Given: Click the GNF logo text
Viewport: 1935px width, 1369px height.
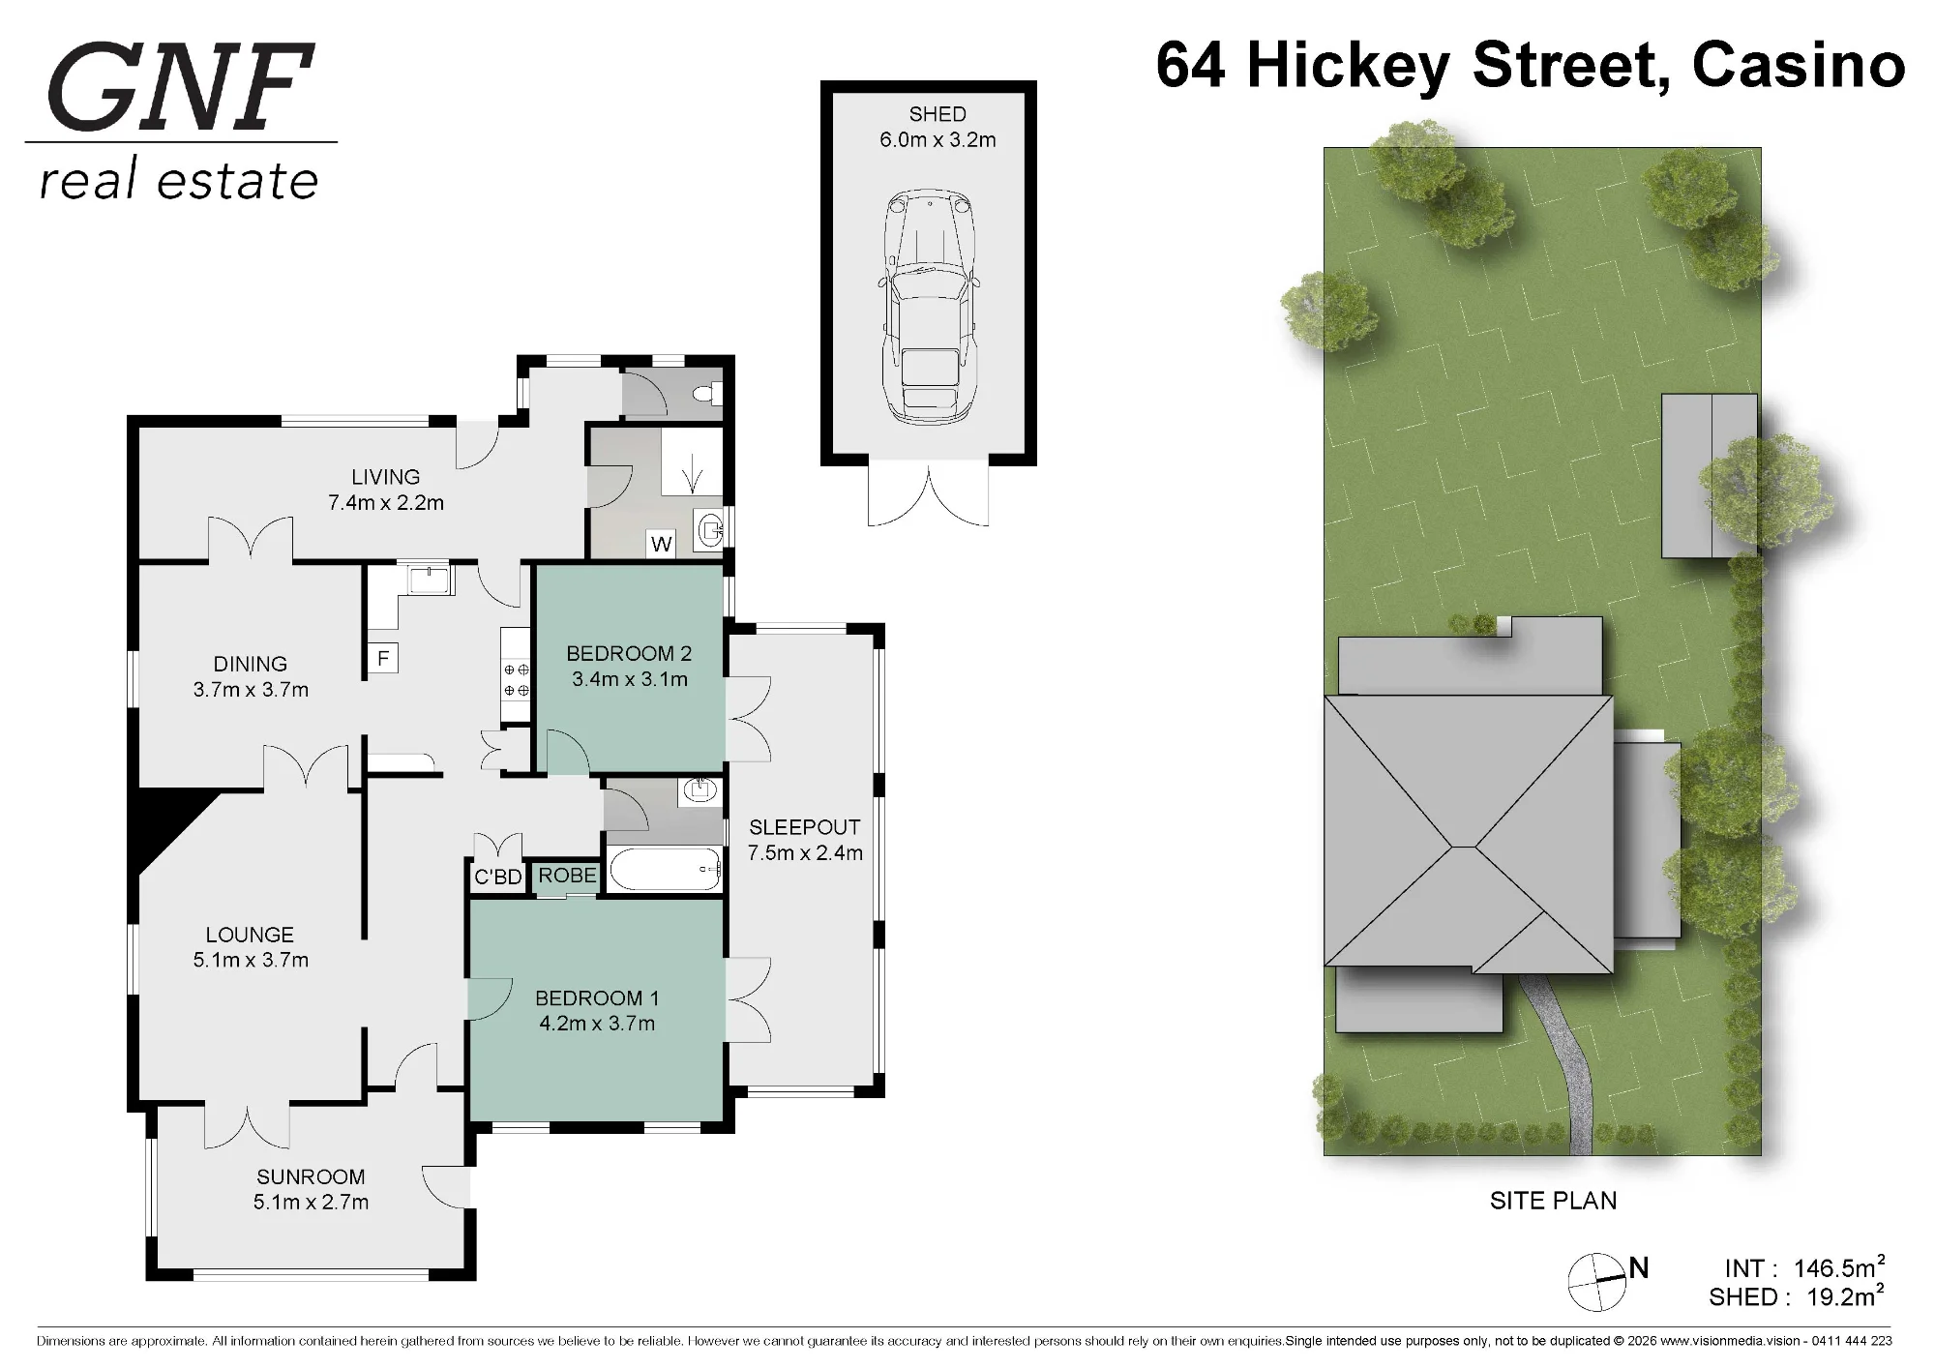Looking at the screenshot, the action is click(181, 86).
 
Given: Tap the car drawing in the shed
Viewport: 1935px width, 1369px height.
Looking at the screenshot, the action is click(929, 307).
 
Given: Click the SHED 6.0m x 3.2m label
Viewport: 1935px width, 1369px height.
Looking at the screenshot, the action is click(938, 127).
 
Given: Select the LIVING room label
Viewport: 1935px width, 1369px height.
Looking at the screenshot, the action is click(386, 490).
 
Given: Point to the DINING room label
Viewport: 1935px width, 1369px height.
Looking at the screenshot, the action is click(251, 676).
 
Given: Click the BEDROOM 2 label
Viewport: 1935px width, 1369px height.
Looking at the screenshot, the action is click(629, 666).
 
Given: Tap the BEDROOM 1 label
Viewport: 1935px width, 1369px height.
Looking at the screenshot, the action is click(597, 1010).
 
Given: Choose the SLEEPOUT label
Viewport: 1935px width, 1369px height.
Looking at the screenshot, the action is click(805, 840).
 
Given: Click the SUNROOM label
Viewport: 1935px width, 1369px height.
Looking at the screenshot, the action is click(311, 1189).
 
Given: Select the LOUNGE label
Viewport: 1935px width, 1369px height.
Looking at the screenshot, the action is click(251, 947).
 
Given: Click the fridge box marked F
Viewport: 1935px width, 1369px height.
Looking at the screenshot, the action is click(383, 659).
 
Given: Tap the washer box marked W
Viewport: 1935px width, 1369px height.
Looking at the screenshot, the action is click(662, 544).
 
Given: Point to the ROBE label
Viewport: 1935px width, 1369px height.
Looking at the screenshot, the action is click(567, 876).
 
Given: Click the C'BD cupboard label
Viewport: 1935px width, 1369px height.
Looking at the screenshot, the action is click(498, 878).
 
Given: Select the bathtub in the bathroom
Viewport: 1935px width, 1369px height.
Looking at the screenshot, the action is click(666, 870).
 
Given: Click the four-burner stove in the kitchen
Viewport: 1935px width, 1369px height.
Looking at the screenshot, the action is click(516, 678).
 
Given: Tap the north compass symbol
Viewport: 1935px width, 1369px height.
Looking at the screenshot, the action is click(1597, 1282).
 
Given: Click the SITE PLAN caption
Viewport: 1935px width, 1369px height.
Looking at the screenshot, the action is click(1553, 1201).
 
